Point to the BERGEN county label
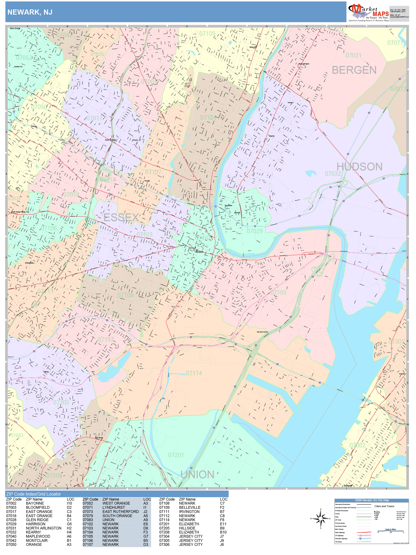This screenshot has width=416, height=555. click(x=354, y=70)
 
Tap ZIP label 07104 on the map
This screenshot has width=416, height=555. click(x=208, y=118)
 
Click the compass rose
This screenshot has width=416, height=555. click(x=321, y=518)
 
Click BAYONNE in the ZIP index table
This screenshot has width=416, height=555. click(x=35, y=503)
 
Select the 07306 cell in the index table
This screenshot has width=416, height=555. click(x=164, y=544)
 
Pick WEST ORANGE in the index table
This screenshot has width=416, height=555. click(x=116, y=503)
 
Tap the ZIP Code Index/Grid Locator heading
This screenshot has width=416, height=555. click(x=33, y=494)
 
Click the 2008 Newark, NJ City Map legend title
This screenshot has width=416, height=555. click(x=372, y=500)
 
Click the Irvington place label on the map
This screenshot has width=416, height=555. click(x=29, y=263)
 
